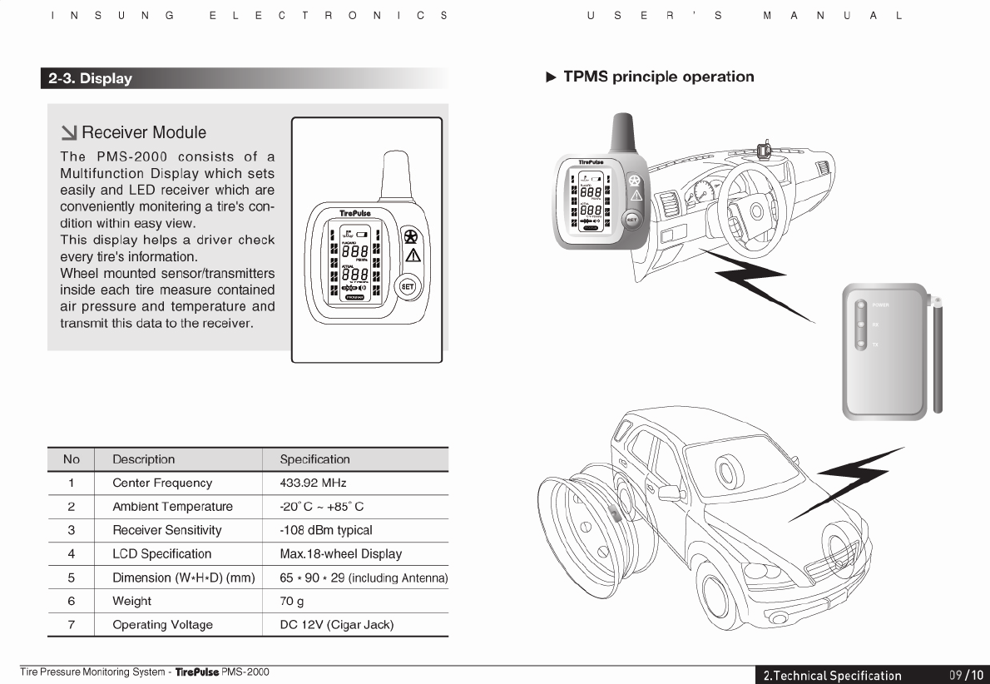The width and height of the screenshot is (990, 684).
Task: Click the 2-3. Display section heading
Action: coord(90,79)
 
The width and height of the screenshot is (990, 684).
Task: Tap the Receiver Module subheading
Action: coord(143,133)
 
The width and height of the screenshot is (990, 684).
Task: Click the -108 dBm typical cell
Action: coord(326,530)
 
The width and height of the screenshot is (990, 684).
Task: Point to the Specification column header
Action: coord(314,459)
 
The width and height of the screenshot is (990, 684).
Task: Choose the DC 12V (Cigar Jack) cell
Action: coord(336,625)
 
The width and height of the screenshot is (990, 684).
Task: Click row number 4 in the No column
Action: coord(72,554)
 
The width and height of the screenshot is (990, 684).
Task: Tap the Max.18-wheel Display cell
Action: coord(340,554)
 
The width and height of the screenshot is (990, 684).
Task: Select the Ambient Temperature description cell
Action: coord(172,507)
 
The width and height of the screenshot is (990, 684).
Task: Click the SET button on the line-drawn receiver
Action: coord(408,286)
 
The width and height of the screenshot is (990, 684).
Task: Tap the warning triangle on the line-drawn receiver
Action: coord(409,255)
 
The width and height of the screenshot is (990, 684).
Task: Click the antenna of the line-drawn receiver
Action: coord(394,175)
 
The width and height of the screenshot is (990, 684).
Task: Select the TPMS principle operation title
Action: coord(658,77)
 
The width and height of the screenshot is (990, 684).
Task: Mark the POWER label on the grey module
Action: coord(880,305)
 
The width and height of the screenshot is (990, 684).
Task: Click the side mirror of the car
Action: coord(670,493)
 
